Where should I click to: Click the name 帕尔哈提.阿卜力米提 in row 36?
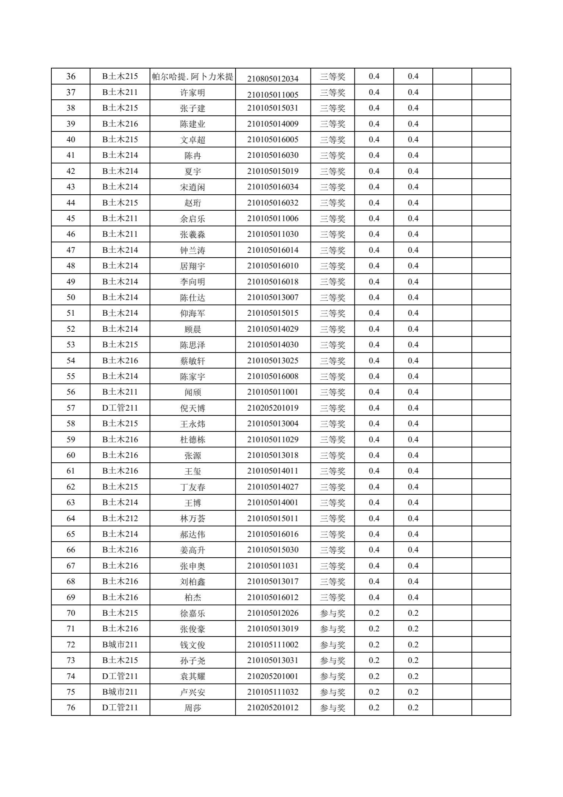[x=193, y=77]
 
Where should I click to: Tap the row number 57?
[x=71, y=408]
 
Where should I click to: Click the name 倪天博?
[x=193, y=408]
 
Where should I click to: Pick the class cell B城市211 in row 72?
[x=120, y=645]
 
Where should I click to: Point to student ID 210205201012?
[x=273, y=708]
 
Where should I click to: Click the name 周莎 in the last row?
[x=193, y=708]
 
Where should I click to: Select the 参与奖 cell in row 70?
[x=333, y=613]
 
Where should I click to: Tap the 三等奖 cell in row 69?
[x=333, y=597]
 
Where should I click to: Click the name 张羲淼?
[x=193, y=235]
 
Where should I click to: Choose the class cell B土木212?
[x=120, y=519]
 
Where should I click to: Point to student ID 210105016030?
[x=273, y=155]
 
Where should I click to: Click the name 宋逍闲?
[x=193, y=187]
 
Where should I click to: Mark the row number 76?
[x=71, y=708]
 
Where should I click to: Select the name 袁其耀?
[x=193, y=676]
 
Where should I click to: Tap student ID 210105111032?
[x=273, y=692]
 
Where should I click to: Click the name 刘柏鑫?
[x=193, y=582]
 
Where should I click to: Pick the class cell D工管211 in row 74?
[x=120, y=676]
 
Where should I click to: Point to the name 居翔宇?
[x=193, y=266]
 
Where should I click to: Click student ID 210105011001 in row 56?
[x=273, y=392]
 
